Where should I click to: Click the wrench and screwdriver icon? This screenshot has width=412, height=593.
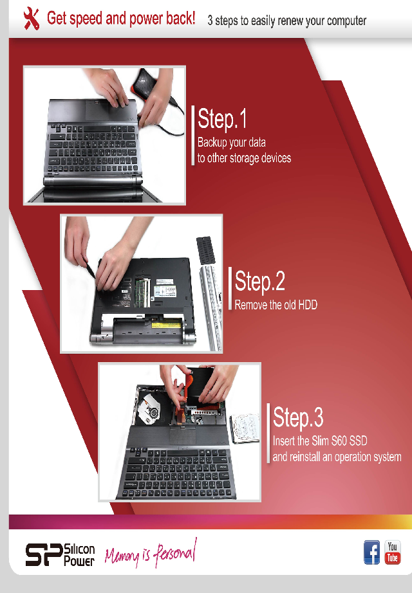tap(31, 19)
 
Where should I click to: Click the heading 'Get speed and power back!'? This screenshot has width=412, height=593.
tap(121, 18)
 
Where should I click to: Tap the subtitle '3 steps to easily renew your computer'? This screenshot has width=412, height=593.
tap(286, 21)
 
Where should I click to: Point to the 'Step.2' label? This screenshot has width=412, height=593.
tap(260, 281)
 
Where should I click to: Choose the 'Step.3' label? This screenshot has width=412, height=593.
tap(298, 417)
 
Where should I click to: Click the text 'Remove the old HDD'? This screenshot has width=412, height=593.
tap(276, 305)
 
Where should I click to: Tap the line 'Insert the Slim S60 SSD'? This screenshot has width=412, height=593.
tap(320, 441)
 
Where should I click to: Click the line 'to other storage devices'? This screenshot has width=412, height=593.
tap(244, 158)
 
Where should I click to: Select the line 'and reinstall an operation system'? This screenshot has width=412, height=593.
tap(337, 457)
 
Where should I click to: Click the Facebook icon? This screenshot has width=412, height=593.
tap(372, 552)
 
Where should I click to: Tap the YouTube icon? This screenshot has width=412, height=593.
tap(392, 552)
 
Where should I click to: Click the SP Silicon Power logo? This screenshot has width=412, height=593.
tap(60, 555)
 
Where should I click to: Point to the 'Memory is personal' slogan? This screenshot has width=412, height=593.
tap(151, 554)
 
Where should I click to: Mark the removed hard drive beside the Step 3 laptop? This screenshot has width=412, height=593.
tap(245, 428)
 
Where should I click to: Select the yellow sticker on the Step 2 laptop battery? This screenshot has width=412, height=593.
tap(165, 325)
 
